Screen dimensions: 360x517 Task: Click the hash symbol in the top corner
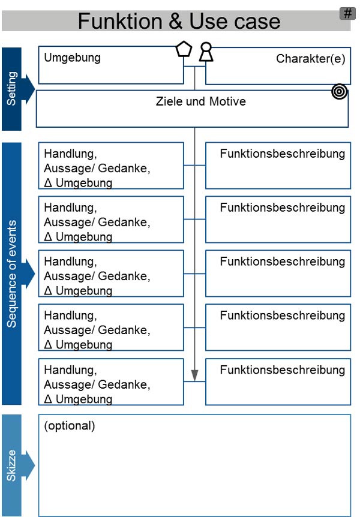click(x=347, y=14)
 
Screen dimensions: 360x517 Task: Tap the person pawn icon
click(x=206, y=52)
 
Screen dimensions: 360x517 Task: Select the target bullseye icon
click(x=339, y=91)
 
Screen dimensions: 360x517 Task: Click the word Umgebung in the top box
click(x=72, y=58)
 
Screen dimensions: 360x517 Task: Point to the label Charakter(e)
click(x=311, y=59)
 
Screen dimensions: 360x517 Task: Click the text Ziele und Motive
click(x=200, y=101)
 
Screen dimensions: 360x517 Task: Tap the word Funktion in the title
click(x=121, y=21)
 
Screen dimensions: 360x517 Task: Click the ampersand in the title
click(x=176, y=21)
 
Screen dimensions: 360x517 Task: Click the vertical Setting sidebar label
click(x=11, y=88)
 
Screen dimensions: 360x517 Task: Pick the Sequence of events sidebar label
click(x=11, y=273)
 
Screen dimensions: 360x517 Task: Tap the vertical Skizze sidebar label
click(x=11, y=465)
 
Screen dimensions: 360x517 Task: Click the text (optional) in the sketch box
click(x=69, y=426)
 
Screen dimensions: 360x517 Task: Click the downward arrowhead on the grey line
click(x=194, y=375)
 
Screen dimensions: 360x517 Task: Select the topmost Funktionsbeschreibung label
click(x=283, y=154)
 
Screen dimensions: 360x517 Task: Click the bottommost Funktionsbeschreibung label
click(x=283, y=370)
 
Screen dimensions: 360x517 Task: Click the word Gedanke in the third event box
click(x=124, y=276)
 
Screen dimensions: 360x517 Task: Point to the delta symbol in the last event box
click(x=48, y=399)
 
